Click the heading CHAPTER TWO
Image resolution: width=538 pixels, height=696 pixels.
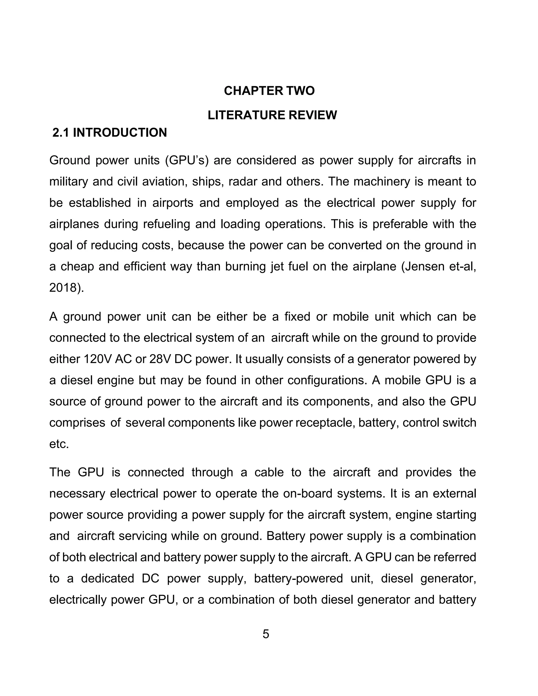(269, 91)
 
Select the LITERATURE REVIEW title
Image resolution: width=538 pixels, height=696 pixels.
(272, 115)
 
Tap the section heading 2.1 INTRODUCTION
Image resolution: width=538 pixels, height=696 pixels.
(110, 133)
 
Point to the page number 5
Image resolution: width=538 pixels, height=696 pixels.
(266, 634)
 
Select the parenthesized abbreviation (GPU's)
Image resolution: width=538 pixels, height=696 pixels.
(187, 160)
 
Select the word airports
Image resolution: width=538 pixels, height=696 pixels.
(172, 203)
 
